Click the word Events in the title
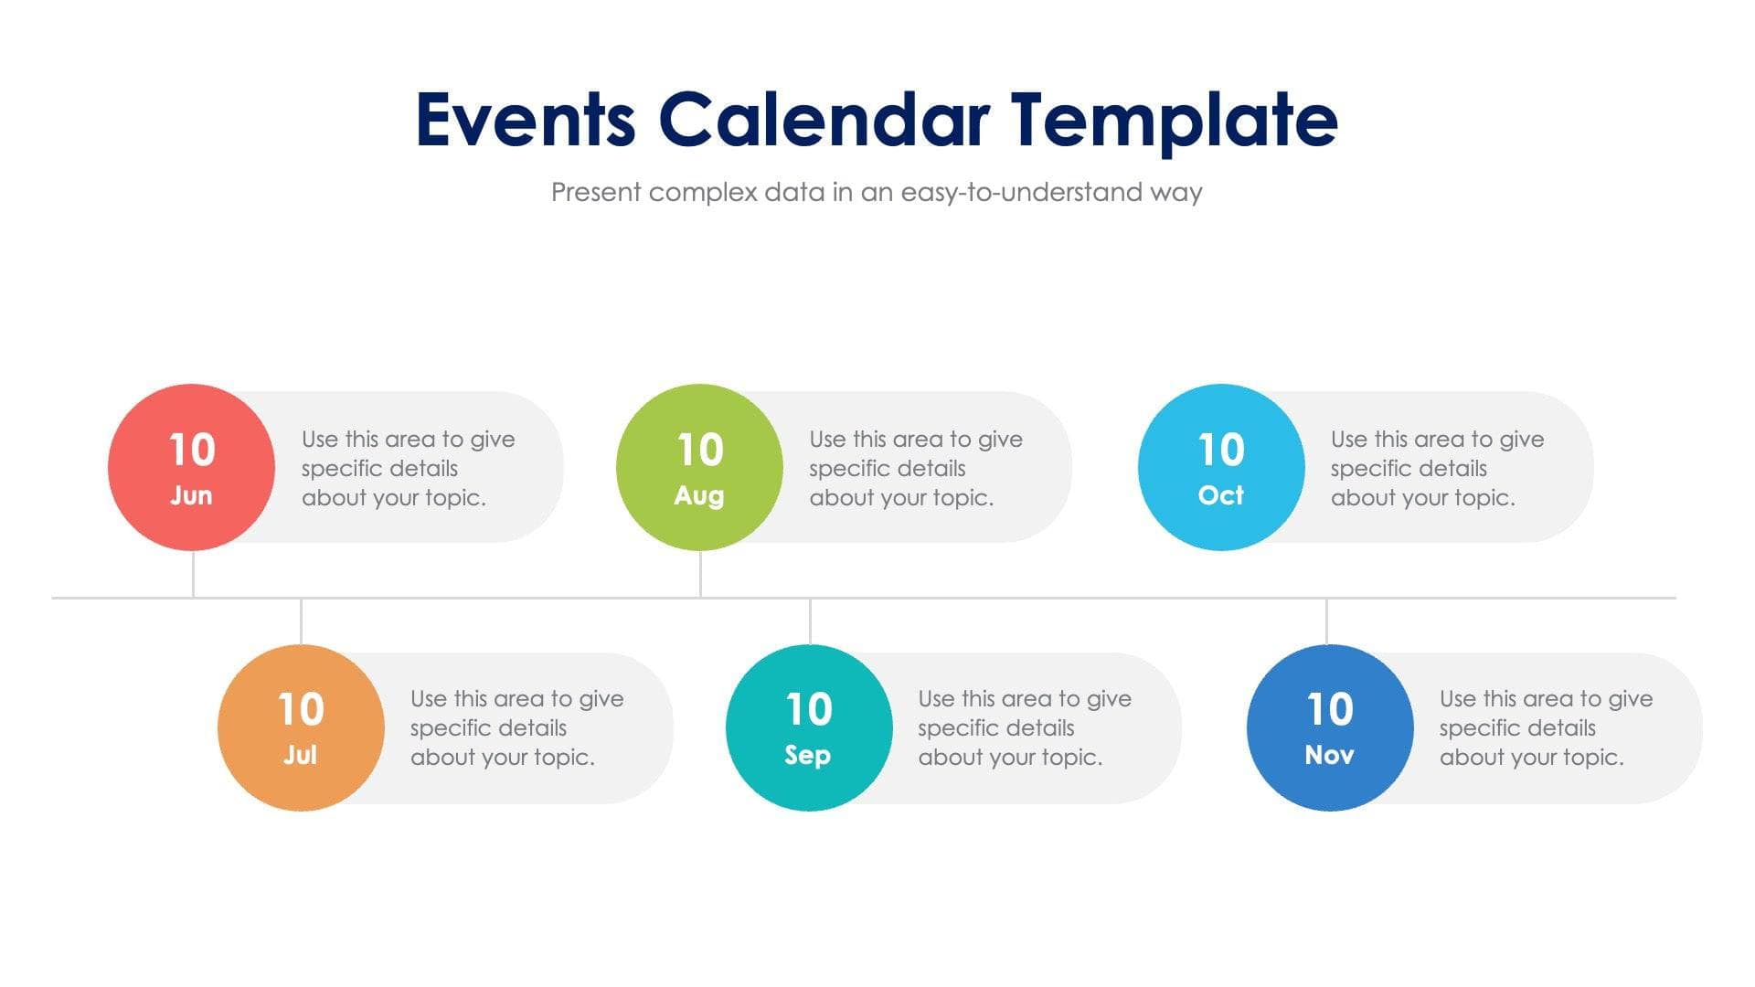tap(526, 121)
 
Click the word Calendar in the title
tap(824, 121)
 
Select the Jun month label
tap(191, 495)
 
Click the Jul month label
tap(300, 755)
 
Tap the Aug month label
tap(699, 495)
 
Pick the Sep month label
tap(808, 755)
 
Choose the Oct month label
tap(1221, 495)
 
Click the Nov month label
tap(1330, 755)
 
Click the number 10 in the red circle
tap(192, 450)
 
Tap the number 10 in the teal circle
tap(809, 709)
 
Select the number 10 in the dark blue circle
tap(1330, 709)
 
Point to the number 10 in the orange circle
tap(301, 709)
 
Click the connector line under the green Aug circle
tap(700, 574)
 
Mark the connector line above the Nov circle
tap(1326, 621)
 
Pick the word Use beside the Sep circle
tap(936, 699)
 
